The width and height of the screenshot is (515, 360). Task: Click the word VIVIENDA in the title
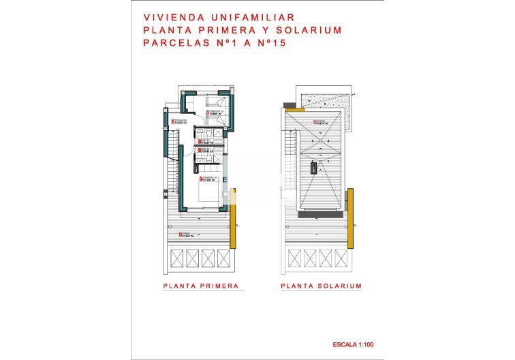167,18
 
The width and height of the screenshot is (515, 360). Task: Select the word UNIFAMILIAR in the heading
237,18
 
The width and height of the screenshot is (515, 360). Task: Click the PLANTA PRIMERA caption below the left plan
201,286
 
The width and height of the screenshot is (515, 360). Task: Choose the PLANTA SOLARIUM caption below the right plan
321,286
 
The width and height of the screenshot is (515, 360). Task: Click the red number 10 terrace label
179,235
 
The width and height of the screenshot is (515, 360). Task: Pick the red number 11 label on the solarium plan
314,123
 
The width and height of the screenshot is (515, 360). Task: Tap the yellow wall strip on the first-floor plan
233,218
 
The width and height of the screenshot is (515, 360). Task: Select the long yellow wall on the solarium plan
351,218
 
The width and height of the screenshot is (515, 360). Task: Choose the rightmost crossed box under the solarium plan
340,258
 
